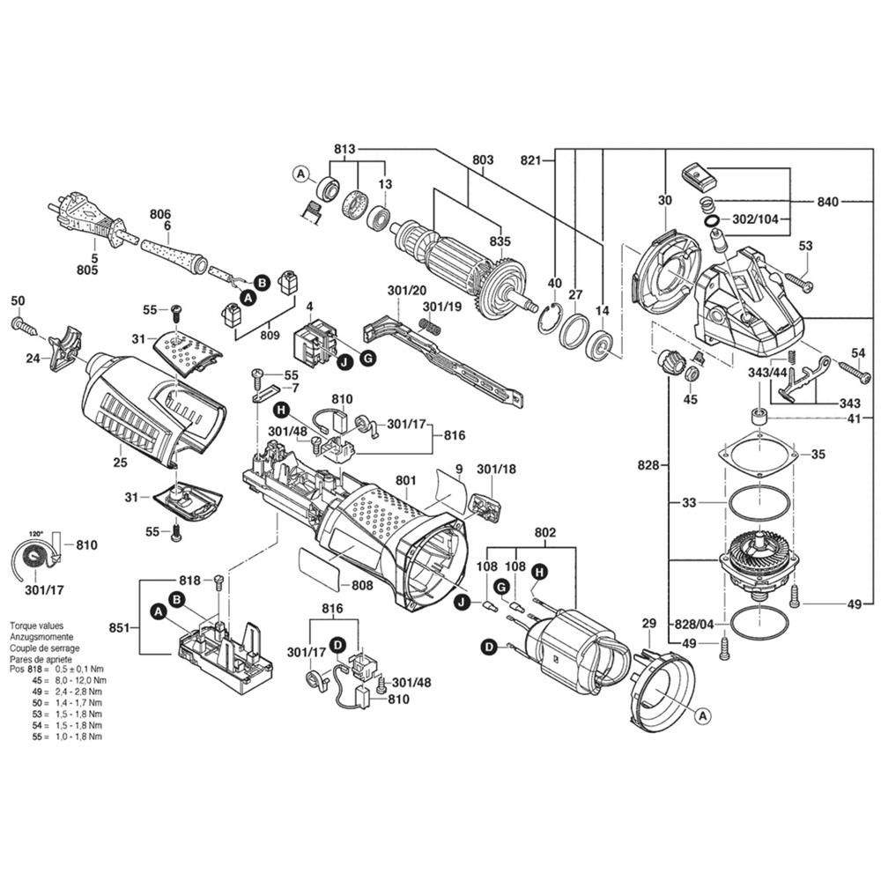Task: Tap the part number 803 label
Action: [483, 160]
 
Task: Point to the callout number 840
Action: [826, 202]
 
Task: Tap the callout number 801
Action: [405, 480]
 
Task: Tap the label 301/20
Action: [406, 289]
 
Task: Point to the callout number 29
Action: [648, 624]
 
